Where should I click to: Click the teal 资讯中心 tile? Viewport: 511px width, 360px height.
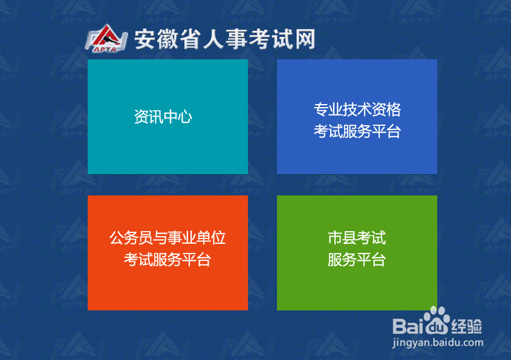(x=168, y=145)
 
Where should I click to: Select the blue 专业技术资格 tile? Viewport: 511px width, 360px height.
(x=357, y=151)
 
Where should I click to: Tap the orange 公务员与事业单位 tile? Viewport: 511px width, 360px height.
(x=168, y=284)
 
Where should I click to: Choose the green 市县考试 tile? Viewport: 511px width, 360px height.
(x=357, y=284)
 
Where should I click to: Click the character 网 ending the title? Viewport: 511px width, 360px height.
(x=304, y=39)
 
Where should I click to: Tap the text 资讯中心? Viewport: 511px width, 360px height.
(x=163, y=117)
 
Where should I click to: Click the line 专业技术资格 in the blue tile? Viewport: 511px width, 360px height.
(x=357, y=110)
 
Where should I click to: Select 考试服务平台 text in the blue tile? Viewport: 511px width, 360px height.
(x=357, y=131)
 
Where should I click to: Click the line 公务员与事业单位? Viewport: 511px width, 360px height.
(x=168, y=238)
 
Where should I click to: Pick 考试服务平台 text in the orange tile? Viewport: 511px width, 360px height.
(x=168, y=260)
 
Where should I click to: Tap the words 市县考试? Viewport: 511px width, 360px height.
(x=357, y=238)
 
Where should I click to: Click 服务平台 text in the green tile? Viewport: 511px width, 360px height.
(x=357, y=260)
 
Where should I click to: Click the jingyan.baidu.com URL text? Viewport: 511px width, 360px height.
(x=438, y=342)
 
